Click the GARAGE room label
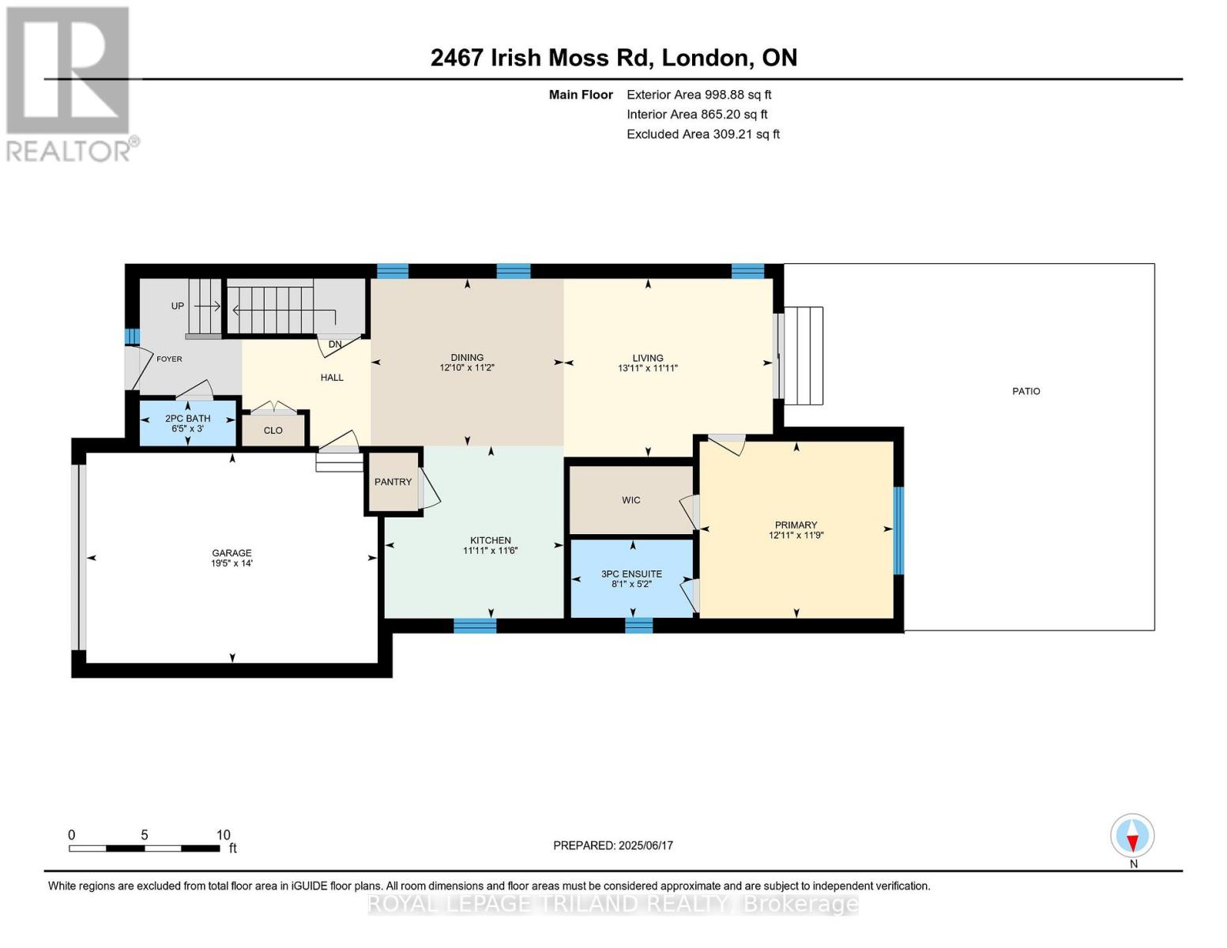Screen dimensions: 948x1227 pyautogui.click(x=231, y=553)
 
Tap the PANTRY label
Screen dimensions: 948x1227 pyautogui.click(x=393, y=482)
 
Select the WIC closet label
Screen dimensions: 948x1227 pyautogui.click(x=630, y=500)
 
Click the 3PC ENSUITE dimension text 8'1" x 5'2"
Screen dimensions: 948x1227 pyautogui.click(x=631, y=585)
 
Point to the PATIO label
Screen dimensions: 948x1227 pyautogui.click(x=1026, y=391)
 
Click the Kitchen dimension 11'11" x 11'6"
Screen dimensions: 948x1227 pyautogui.click(x=490, y=551)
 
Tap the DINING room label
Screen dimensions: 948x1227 pyautogui.click(x=467, y=357)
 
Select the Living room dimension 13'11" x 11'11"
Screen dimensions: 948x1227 pyautogui.click(x=648, y=368)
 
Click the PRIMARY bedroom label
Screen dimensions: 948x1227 pyautogui.click(x=796, y=525)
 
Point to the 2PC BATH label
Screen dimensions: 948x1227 pyautogui.click(x=187, y=419)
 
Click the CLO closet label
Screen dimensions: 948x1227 pyautogui.click(x=273, y=431)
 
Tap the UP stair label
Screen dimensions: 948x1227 pyautogui.click(x=178, y=306)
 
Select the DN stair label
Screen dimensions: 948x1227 pyautogui.click(x=335, y=344)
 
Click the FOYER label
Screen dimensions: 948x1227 pyautogui.click(x=169, y=359)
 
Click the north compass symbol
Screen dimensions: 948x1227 pyautogui.click(x=1132, y=836)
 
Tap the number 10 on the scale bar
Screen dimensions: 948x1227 pyautogui.click(x=223, y=835)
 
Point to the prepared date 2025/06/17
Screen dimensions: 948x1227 pyautogui.click(x=645, y=845)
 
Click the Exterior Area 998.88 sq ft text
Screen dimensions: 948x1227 pyautogui.click(x=698, y=94)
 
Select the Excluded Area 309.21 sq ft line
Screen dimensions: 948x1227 pyautogui.click(x=702, y=134)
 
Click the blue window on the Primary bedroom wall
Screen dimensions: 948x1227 pyautogui.click(x=898, y=530)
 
